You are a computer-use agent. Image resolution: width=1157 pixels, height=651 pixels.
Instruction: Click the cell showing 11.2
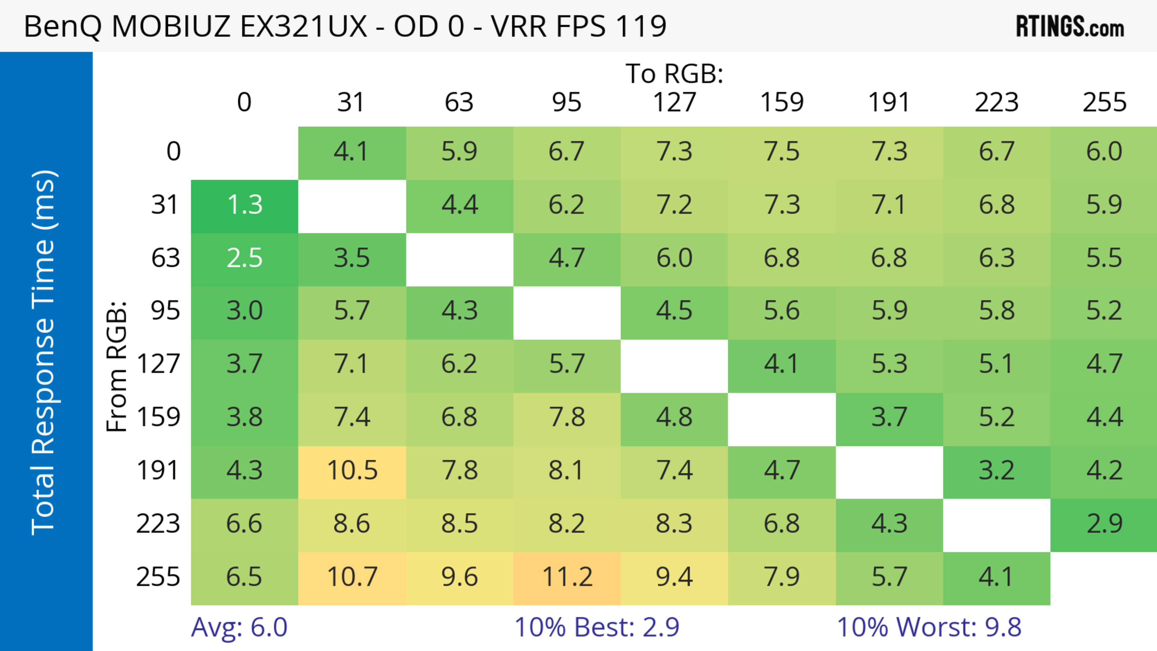coord(567,577)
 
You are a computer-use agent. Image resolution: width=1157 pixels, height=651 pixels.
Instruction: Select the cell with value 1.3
coord(244,205)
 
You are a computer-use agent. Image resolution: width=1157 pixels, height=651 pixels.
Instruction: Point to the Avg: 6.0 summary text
coord(239,627)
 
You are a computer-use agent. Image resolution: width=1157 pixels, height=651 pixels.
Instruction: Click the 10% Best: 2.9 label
coord(597,627)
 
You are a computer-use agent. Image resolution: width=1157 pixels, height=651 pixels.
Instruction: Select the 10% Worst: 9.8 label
coord(929,627)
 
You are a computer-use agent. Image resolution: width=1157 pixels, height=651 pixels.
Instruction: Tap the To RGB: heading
coord(674,74)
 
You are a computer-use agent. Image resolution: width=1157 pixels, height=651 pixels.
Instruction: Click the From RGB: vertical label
coord(117,366)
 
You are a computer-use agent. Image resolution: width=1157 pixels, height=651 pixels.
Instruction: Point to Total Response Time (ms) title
coord(44,352)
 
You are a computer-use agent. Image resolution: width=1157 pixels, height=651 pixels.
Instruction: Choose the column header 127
coord(674,102)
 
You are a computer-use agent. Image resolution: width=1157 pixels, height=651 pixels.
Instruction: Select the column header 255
coord(1104,102)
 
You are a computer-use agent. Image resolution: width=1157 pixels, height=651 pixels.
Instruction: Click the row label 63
coord(165,258)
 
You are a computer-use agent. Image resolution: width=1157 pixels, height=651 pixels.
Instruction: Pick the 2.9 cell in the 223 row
coord(1104,524)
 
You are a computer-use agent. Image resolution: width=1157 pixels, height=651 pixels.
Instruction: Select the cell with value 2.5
coord(244,258)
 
